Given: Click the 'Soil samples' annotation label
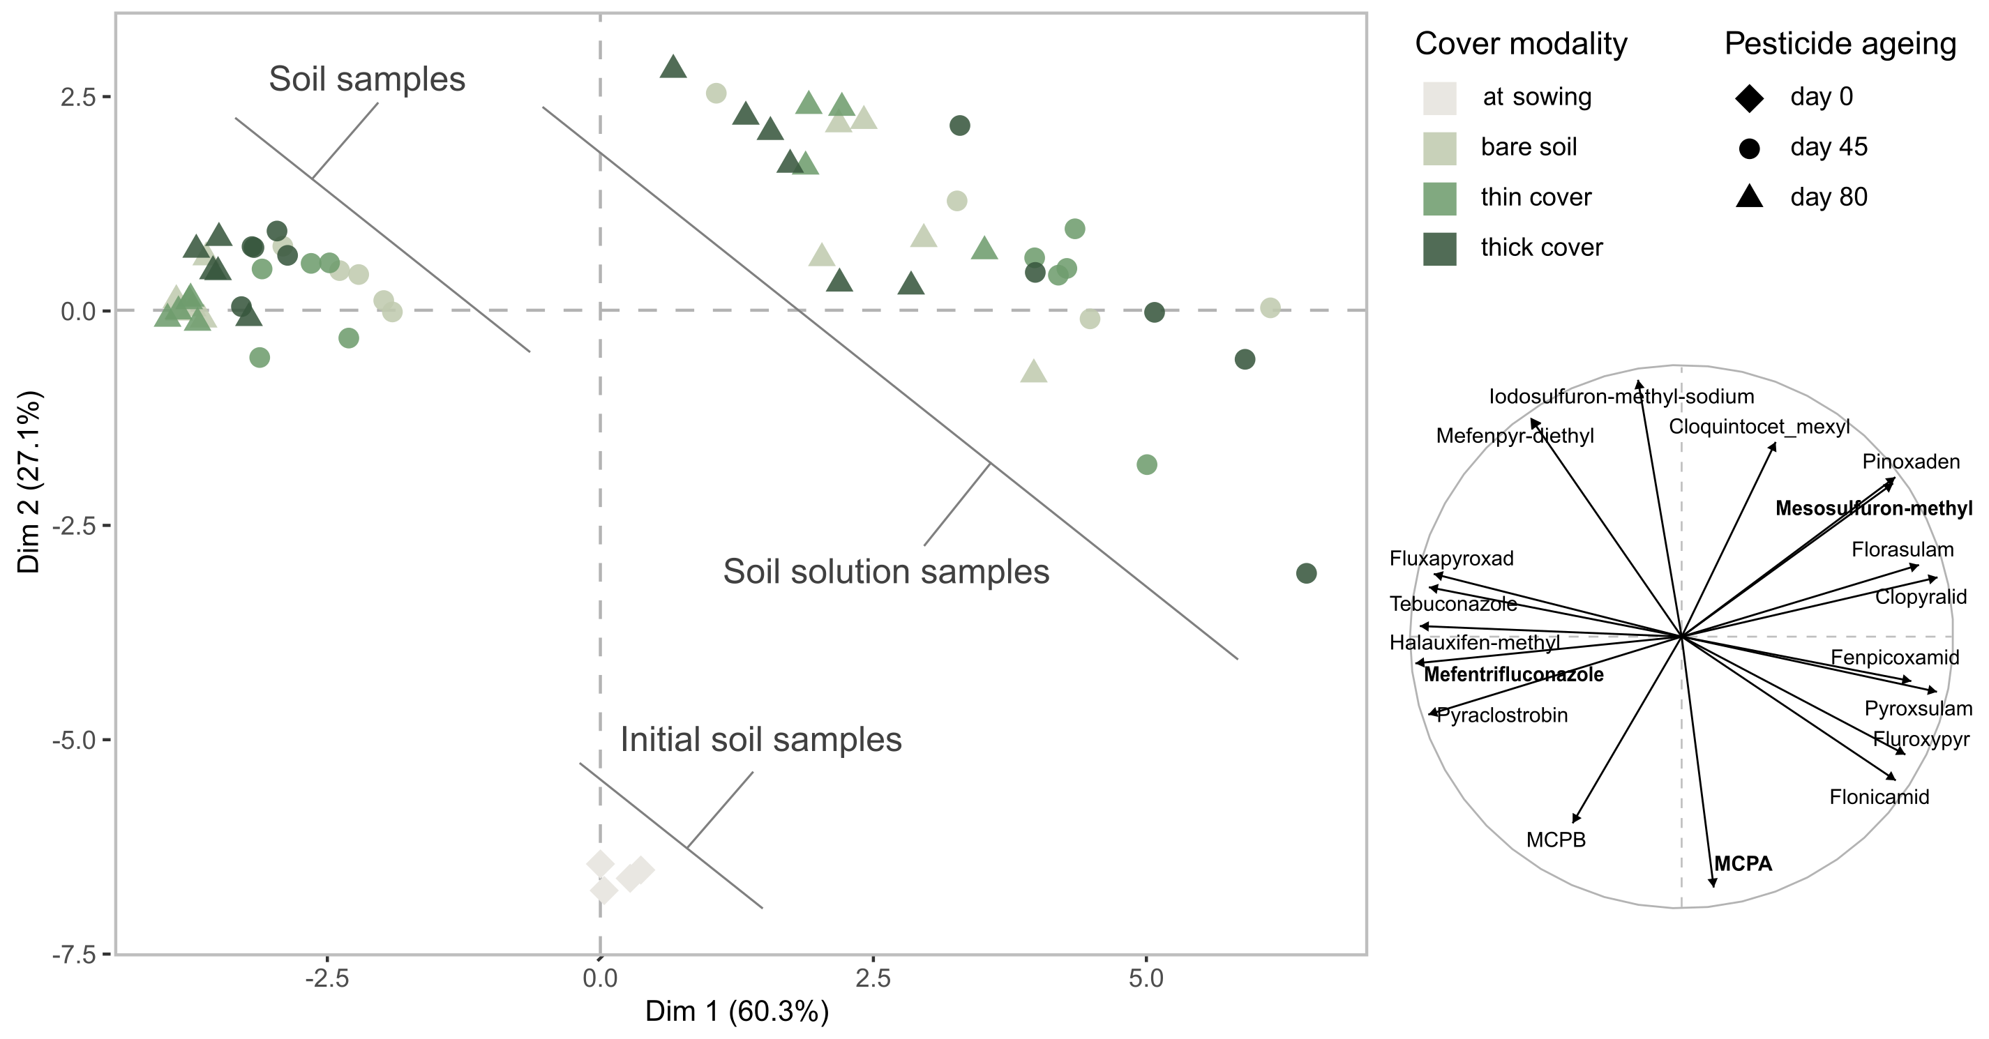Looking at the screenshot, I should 367,79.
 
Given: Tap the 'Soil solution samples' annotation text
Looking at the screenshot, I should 885,572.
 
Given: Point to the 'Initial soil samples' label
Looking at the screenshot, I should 760,739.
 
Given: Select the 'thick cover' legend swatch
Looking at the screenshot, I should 1439,248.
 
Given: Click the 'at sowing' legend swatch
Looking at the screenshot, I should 1439,98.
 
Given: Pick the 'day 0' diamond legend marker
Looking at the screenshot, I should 1749,98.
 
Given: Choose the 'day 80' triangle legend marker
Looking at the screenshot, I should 1749,197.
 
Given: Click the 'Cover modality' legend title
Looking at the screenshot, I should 1520,44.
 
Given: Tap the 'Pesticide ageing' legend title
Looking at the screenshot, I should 1840,44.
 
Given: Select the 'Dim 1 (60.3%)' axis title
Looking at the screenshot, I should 737,1011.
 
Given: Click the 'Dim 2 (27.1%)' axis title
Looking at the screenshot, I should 29,483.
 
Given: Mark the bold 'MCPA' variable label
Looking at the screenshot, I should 1743,864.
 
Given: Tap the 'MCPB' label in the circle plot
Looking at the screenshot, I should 1555,840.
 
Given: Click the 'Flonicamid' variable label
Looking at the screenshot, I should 1879,798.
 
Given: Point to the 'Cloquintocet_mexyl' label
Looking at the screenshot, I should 1759,427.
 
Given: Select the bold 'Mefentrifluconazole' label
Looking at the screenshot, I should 1513,675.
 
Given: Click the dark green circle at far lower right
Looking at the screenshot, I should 1306,573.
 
